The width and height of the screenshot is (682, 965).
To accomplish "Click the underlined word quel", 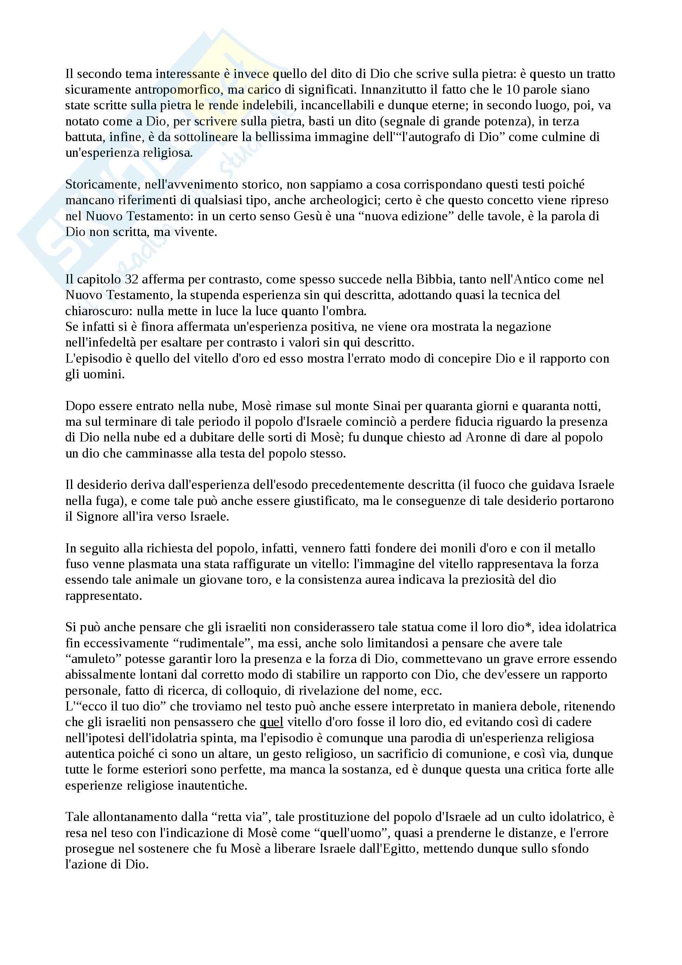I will (271, 722).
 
